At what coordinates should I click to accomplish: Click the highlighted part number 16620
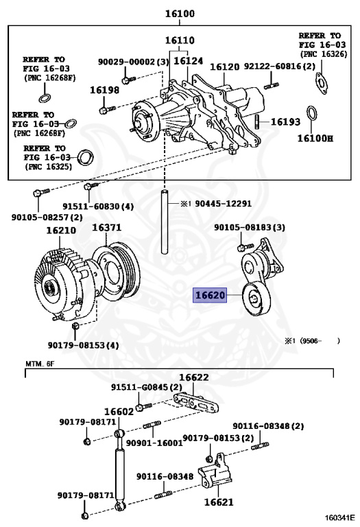(210, 296)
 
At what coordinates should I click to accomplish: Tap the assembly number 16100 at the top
(180, 14)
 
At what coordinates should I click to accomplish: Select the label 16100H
(315, 138)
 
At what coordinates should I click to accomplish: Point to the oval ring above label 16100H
(311, 114)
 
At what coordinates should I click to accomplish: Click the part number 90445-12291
(224, 203)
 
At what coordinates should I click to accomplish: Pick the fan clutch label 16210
(61, 231)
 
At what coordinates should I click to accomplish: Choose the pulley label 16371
(107, 228)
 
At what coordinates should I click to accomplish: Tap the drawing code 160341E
(339, 517)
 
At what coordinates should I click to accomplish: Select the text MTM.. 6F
(40, 364)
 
